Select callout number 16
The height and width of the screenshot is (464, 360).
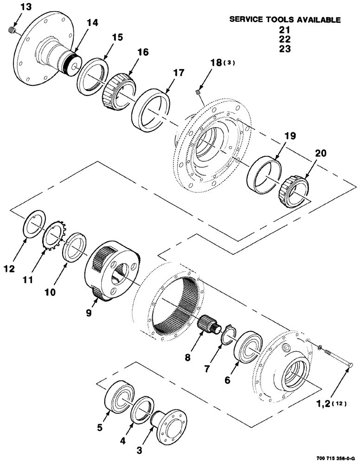tap(142, 52)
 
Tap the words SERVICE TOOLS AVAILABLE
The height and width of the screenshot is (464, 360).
tap(285, 20)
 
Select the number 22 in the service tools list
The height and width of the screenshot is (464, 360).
tap(285, 39)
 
